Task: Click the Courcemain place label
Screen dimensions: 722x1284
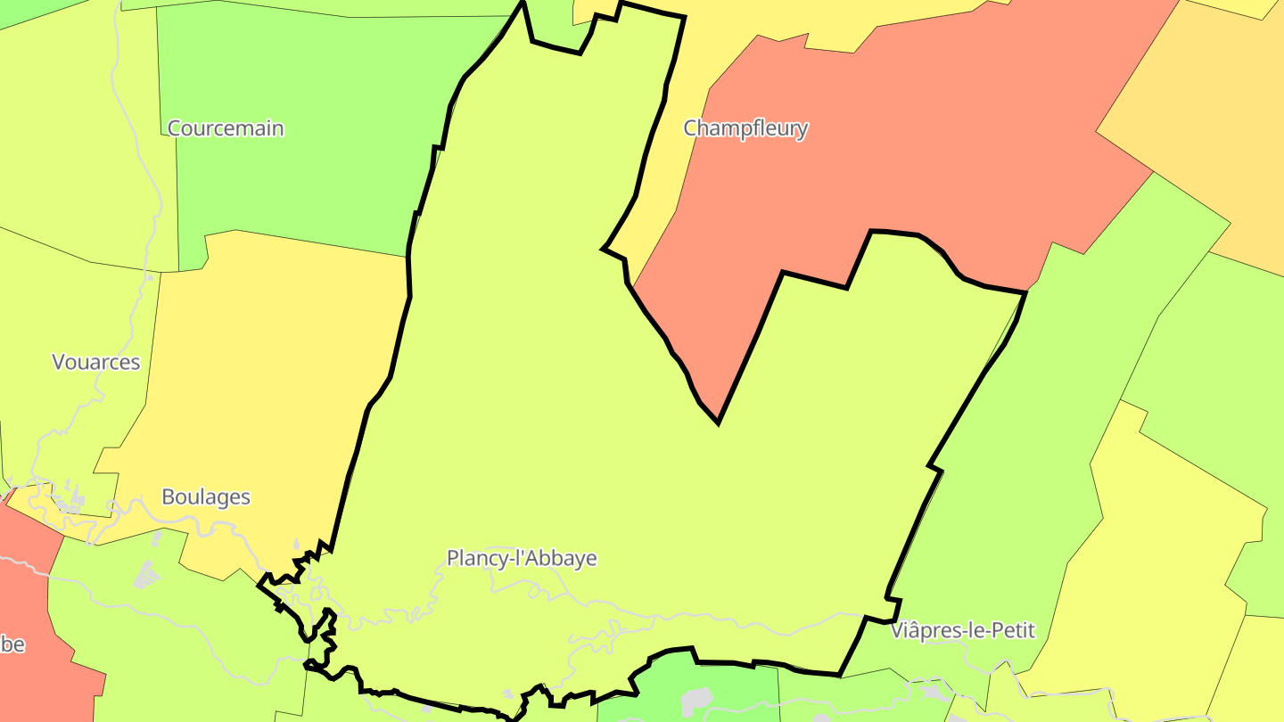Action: click(x=226, y=128)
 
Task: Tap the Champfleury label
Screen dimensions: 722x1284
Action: click(x=745, y=128)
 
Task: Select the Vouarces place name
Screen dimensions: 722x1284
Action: click(x=96, y=362)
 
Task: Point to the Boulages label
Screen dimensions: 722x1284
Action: click(x=206, y=496)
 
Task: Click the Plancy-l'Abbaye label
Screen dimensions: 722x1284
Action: click(x=522, y=558)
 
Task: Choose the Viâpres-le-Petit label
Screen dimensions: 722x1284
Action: click(x=963, y=630)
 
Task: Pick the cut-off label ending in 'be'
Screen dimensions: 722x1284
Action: click(x=11, y=644)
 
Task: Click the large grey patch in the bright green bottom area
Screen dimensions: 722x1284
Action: click(x=696, y=701)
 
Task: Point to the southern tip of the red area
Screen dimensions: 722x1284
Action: click(x=718, y=419)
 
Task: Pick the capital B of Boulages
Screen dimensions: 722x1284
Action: click(x=168, y=496)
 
